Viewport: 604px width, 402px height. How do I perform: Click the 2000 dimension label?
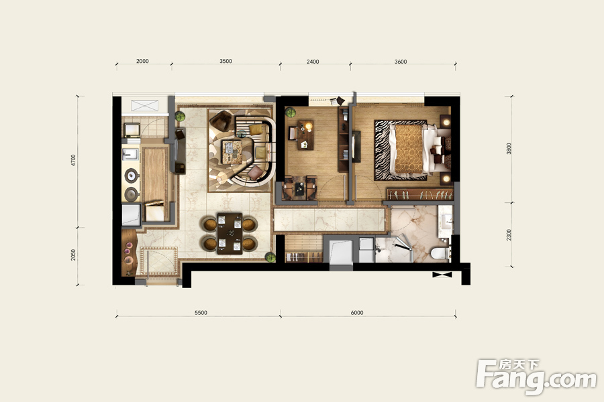(x=142, y=61)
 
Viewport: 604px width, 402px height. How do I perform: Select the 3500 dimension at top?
(x=225, y=61)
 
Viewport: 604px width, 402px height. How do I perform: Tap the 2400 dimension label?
(x=313, y=62)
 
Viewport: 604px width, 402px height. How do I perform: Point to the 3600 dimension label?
(x=401, y=62)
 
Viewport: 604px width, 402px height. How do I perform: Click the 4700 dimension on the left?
(x=73, y=160)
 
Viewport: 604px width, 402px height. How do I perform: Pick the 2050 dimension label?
(x=73, y=255)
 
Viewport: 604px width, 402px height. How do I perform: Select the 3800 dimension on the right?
(x=509, y=149)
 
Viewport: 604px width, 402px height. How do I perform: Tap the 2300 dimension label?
(x=509, y=234)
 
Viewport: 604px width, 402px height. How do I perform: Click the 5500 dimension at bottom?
(x=201, y=313)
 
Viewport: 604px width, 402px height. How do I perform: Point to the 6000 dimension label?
(x=357, y=313)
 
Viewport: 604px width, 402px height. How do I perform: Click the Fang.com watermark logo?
(x=536, y=377)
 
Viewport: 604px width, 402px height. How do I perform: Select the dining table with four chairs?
(x=230, y=234)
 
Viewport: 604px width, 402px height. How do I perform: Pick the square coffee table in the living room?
(x=232, y=151)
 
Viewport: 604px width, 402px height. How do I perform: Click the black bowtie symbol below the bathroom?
(x=442, y=275)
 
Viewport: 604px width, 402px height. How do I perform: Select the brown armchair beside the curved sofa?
(x=221, y=121)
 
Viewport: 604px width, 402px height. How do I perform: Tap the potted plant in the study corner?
(x=291, y=113)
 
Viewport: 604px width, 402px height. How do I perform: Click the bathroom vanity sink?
(x=446, y=221)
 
